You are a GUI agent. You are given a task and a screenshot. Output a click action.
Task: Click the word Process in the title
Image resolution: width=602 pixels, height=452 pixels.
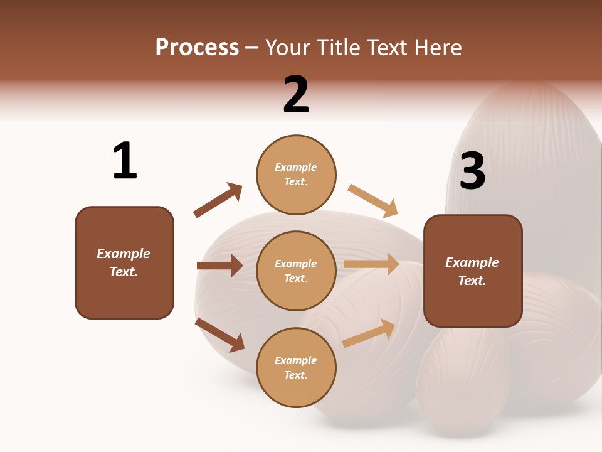point(197,48)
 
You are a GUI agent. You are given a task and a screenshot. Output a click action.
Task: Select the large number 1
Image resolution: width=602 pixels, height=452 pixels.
point(125,161)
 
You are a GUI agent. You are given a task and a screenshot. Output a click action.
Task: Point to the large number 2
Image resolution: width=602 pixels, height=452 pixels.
point(296,95)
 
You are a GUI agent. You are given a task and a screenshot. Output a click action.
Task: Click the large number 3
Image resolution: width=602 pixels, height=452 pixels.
point(472,171)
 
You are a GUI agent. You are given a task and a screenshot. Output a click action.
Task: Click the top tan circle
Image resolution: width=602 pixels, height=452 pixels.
point(296,175)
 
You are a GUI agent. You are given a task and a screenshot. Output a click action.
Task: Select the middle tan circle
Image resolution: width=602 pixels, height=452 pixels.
point(296,271)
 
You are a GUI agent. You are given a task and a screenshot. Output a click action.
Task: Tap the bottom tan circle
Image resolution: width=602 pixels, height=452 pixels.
point(296,367)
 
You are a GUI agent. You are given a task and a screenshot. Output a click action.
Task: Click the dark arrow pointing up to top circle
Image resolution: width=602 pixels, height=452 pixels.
point(218,200)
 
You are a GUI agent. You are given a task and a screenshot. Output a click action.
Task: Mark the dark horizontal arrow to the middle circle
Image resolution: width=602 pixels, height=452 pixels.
point(219,266)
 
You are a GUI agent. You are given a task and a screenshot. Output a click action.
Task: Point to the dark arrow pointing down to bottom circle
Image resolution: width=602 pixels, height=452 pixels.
point(219,335)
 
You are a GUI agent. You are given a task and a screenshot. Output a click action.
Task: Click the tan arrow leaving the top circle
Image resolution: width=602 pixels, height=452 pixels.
point(373,200)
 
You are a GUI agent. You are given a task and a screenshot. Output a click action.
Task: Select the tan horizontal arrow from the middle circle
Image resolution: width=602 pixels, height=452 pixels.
point(371,264)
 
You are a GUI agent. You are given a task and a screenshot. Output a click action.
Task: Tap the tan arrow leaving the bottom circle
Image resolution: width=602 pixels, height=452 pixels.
point(369,333)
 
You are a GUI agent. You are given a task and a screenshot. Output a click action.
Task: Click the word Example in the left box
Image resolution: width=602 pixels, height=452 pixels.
point(124,254)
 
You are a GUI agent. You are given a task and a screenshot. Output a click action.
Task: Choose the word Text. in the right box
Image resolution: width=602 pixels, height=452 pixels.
point(472,281)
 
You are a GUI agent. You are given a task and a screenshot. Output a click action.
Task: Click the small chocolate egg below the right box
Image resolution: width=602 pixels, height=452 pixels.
point(463,383)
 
